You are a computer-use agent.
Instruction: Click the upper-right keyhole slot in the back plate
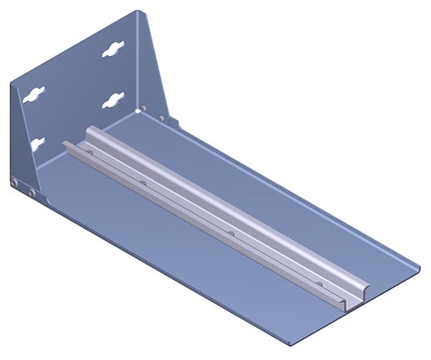click(x=113, y=49)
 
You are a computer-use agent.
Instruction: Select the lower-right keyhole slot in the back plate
click(x=113, y=100)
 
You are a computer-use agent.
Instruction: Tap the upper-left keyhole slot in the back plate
click(x=33, y=94)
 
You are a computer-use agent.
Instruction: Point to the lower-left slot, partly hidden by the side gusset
click(x=36, y=144)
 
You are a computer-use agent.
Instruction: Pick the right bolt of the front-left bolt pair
click(x=32, y=193)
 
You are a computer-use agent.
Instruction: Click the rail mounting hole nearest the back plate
click(x=89, y=152)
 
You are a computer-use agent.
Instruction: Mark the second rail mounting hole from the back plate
click(x=142, y=182)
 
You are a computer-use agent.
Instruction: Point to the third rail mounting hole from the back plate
click(x=231, y=233)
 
